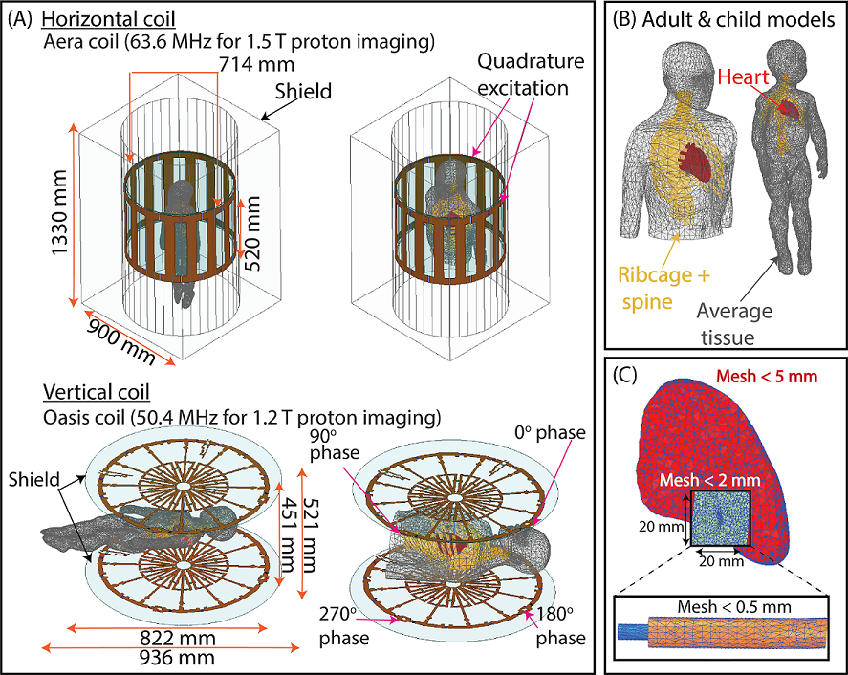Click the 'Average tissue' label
734,323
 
